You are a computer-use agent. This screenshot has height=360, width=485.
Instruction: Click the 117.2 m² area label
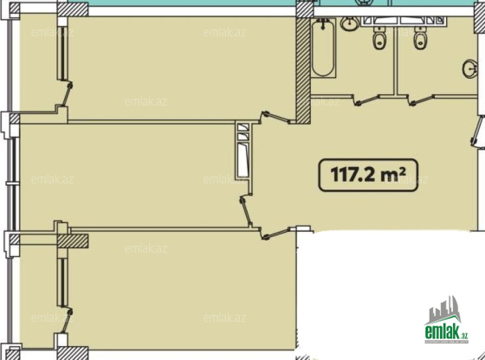[x=368, y=175]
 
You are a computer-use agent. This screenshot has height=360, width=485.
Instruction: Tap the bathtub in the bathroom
[x=323, y=48]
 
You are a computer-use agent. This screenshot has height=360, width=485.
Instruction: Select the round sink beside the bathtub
[x=350, y=23]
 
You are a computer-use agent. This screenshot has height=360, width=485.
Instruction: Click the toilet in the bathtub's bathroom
[x=379, y=38]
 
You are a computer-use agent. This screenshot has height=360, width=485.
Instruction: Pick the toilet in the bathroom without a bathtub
[x=420, y=38]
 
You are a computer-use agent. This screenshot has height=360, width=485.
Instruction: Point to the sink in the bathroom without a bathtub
[x=470, y=68]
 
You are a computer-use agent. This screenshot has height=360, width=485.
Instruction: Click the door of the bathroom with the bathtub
[x=366, y=100]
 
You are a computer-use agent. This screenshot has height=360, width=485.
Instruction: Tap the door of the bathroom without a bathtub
[x=421, y=100]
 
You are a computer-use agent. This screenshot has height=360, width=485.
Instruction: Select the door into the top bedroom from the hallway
[x=276, y=117]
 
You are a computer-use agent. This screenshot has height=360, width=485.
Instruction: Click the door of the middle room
[x=246, y=212]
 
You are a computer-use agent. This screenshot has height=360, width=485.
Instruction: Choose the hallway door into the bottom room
[x=276, y=234]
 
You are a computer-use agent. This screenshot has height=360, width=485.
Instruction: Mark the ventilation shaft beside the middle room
[x=243, y=151]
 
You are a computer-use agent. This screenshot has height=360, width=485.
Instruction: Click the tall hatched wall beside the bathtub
[x=303, y=70]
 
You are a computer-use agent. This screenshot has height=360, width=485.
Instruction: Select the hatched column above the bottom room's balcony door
[x=73, y=241]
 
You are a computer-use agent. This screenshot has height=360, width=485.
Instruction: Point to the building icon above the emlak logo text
[x=443, y=311]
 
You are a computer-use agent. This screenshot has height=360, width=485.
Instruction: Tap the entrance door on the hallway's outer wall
[x=477, y=132]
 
